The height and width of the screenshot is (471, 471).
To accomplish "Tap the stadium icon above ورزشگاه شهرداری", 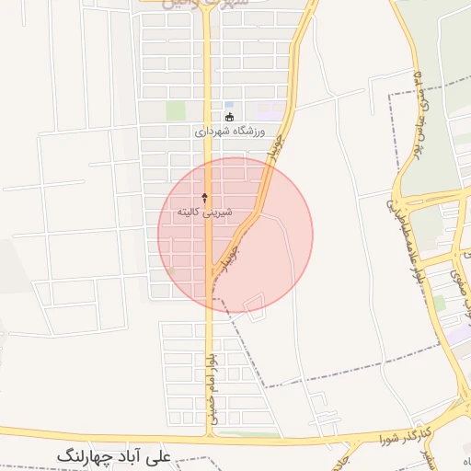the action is (x=229, y=117).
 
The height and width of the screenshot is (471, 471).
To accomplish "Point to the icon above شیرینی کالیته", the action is (x=204, y=197).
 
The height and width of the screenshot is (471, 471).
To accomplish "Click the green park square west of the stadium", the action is (x=175, y=110).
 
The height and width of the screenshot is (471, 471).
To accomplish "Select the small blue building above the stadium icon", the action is (x=229, y=105).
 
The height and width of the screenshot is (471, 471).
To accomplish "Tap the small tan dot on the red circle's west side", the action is (x=169, y=270).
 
